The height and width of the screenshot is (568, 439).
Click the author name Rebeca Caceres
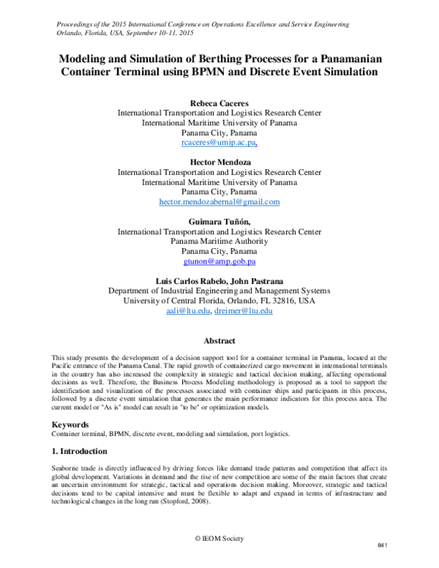(219, 102)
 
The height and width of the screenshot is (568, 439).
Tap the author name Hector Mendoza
(219, 161)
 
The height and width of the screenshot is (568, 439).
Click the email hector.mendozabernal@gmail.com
(219, 202)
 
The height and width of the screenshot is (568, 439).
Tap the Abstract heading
(219, 341)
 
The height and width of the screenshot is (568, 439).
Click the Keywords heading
(73, 424)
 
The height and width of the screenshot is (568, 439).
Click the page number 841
(381, 547)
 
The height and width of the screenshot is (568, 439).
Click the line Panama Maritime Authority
(219, 242)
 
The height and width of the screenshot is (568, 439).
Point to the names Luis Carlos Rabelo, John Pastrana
(219, 280)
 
